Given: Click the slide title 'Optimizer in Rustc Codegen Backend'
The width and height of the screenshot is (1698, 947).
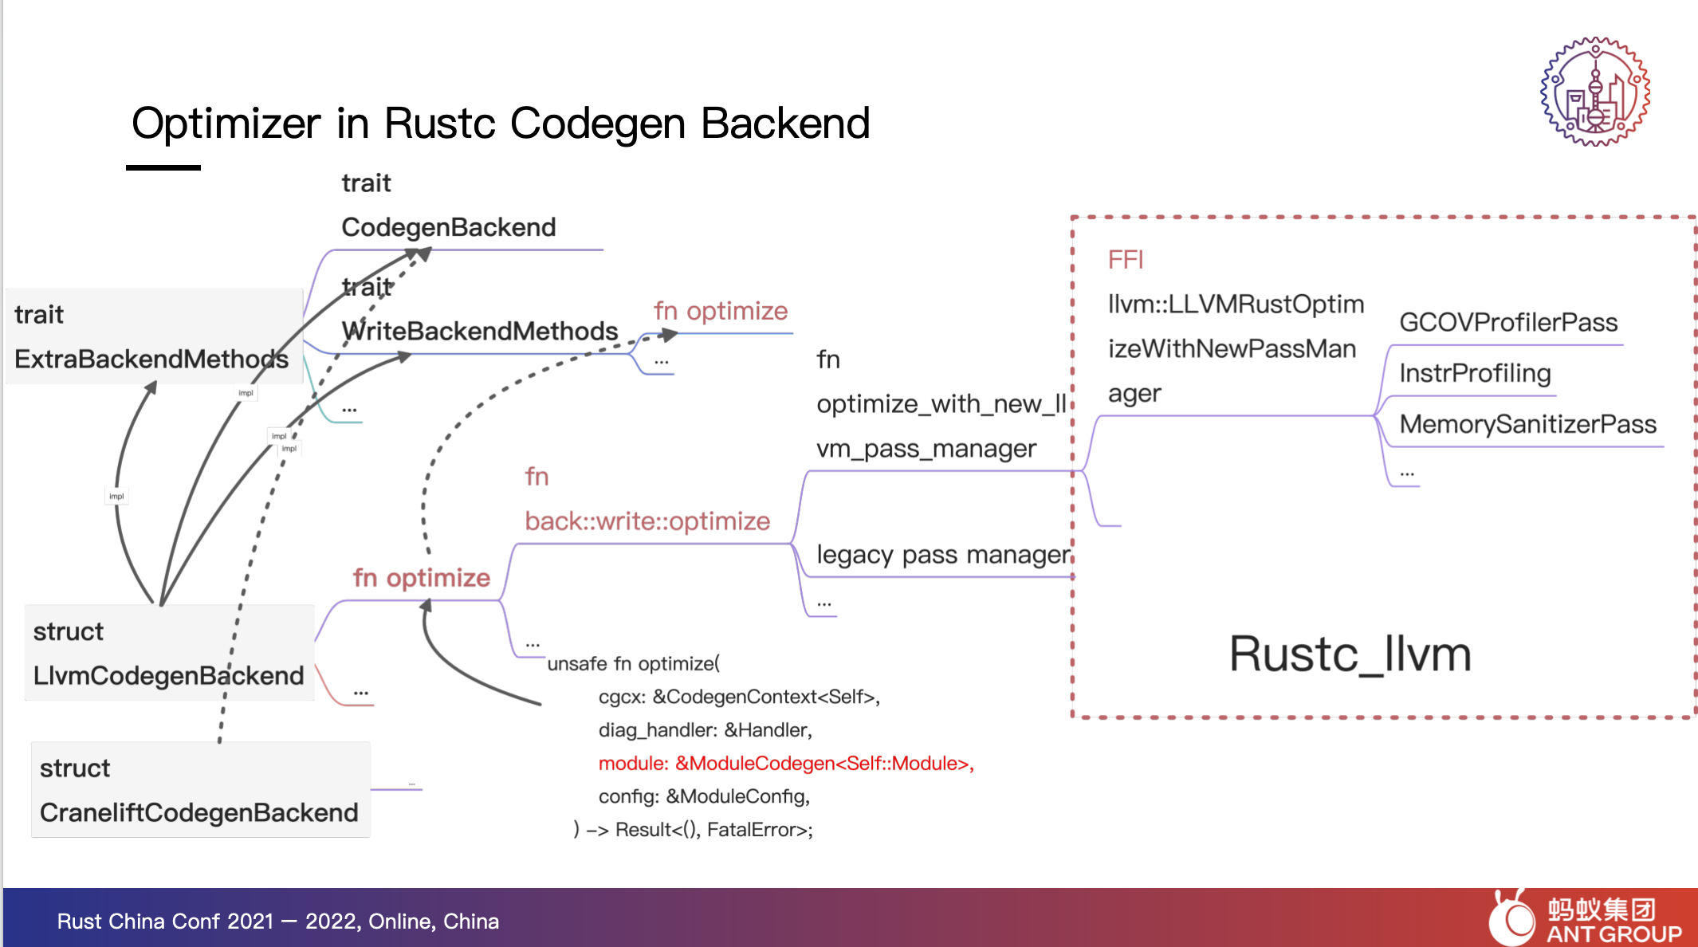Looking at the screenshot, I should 501,124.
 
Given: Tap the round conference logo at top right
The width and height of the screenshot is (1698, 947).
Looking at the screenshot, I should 1594,92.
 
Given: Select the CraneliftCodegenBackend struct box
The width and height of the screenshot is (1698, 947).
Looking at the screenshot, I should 200,790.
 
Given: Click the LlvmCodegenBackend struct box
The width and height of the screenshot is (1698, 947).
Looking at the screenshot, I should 169,653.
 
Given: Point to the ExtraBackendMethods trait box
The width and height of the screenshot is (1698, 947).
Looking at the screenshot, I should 152,336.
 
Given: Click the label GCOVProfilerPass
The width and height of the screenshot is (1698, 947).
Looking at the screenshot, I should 1508,322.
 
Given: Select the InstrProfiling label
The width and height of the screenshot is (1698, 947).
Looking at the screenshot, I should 1475,373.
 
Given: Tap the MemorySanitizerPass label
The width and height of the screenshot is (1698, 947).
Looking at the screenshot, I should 1527,424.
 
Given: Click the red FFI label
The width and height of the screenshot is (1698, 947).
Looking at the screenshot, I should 1126,260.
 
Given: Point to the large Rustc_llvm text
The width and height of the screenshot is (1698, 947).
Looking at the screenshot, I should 1350,655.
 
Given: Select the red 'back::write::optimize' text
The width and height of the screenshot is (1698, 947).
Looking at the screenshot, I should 647,521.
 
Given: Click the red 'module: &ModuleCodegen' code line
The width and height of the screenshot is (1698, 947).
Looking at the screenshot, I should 786,764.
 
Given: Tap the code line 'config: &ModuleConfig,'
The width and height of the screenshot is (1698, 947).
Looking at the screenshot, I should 704,796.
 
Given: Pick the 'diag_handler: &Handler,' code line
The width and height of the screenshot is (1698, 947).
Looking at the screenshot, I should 705,730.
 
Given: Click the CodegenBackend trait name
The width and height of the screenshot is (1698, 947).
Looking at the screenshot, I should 449,228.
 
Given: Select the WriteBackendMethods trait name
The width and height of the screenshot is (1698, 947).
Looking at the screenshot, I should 480,331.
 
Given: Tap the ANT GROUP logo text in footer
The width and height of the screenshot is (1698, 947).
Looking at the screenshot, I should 1613,933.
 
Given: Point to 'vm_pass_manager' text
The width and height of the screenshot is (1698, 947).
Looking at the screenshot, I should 926,449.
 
